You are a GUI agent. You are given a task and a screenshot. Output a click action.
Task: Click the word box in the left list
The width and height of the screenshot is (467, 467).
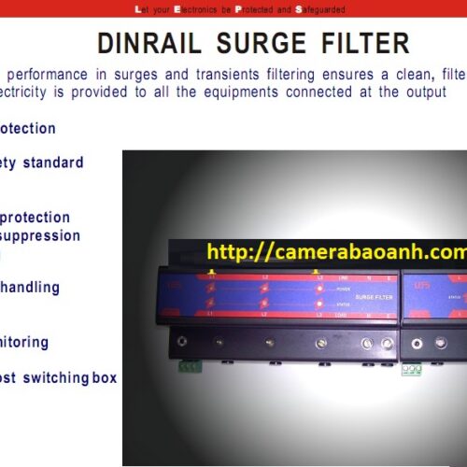[105, 378]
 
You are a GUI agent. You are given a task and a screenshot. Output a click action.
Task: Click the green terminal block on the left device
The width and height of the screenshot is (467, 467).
[190, 365]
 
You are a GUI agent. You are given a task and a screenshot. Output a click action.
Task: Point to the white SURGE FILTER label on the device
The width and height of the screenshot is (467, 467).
[348, 297]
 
